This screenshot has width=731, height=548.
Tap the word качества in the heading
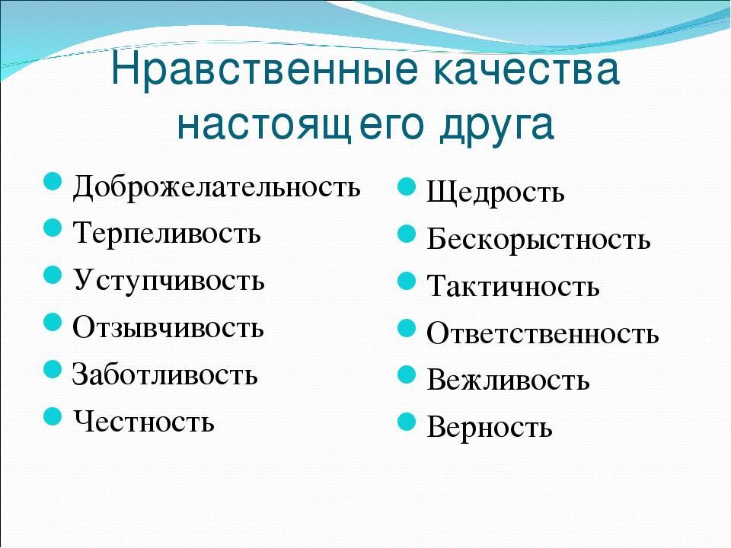coord(527,70)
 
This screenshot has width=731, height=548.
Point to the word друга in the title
coord(497,126)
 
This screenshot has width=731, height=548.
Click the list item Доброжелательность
coord(217,187)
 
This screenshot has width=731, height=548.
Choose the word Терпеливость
coord(167,233)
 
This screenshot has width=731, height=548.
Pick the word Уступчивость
coord(169,280)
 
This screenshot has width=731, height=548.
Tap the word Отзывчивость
coord(168,327)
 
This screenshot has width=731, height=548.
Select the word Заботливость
coord(164,374)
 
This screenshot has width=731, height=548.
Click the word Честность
coord(144,421)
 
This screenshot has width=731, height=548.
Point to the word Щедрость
coord(496,192)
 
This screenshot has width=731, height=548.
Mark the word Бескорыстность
coord(538,240)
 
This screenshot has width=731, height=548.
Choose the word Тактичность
coord(513,285)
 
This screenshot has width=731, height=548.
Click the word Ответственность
coord(543,333)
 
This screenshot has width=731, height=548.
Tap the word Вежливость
coord(508,379)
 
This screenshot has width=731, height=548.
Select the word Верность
coord(490,427)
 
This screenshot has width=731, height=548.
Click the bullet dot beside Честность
coord(53,416)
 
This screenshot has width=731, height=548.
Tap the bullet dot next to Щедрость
coord(407,187)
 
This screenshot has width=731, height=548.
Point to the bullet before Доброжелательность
coord(53,181)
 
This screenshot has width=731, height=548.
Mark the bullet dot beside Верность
coord(407,422)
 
